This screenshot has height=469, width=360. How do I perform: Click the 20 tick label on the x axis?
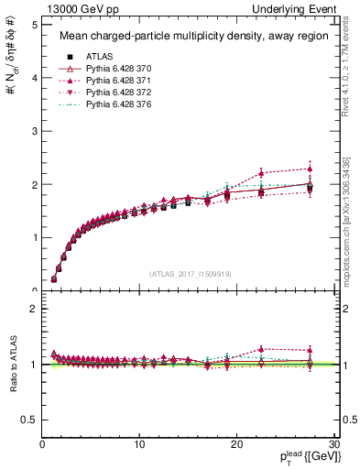(236, 445)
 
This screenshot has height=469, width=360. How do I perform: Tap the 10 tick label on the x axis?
(139, 445)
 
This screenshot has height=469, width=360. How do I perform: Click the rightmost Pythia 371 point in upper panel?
(311, 169)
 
